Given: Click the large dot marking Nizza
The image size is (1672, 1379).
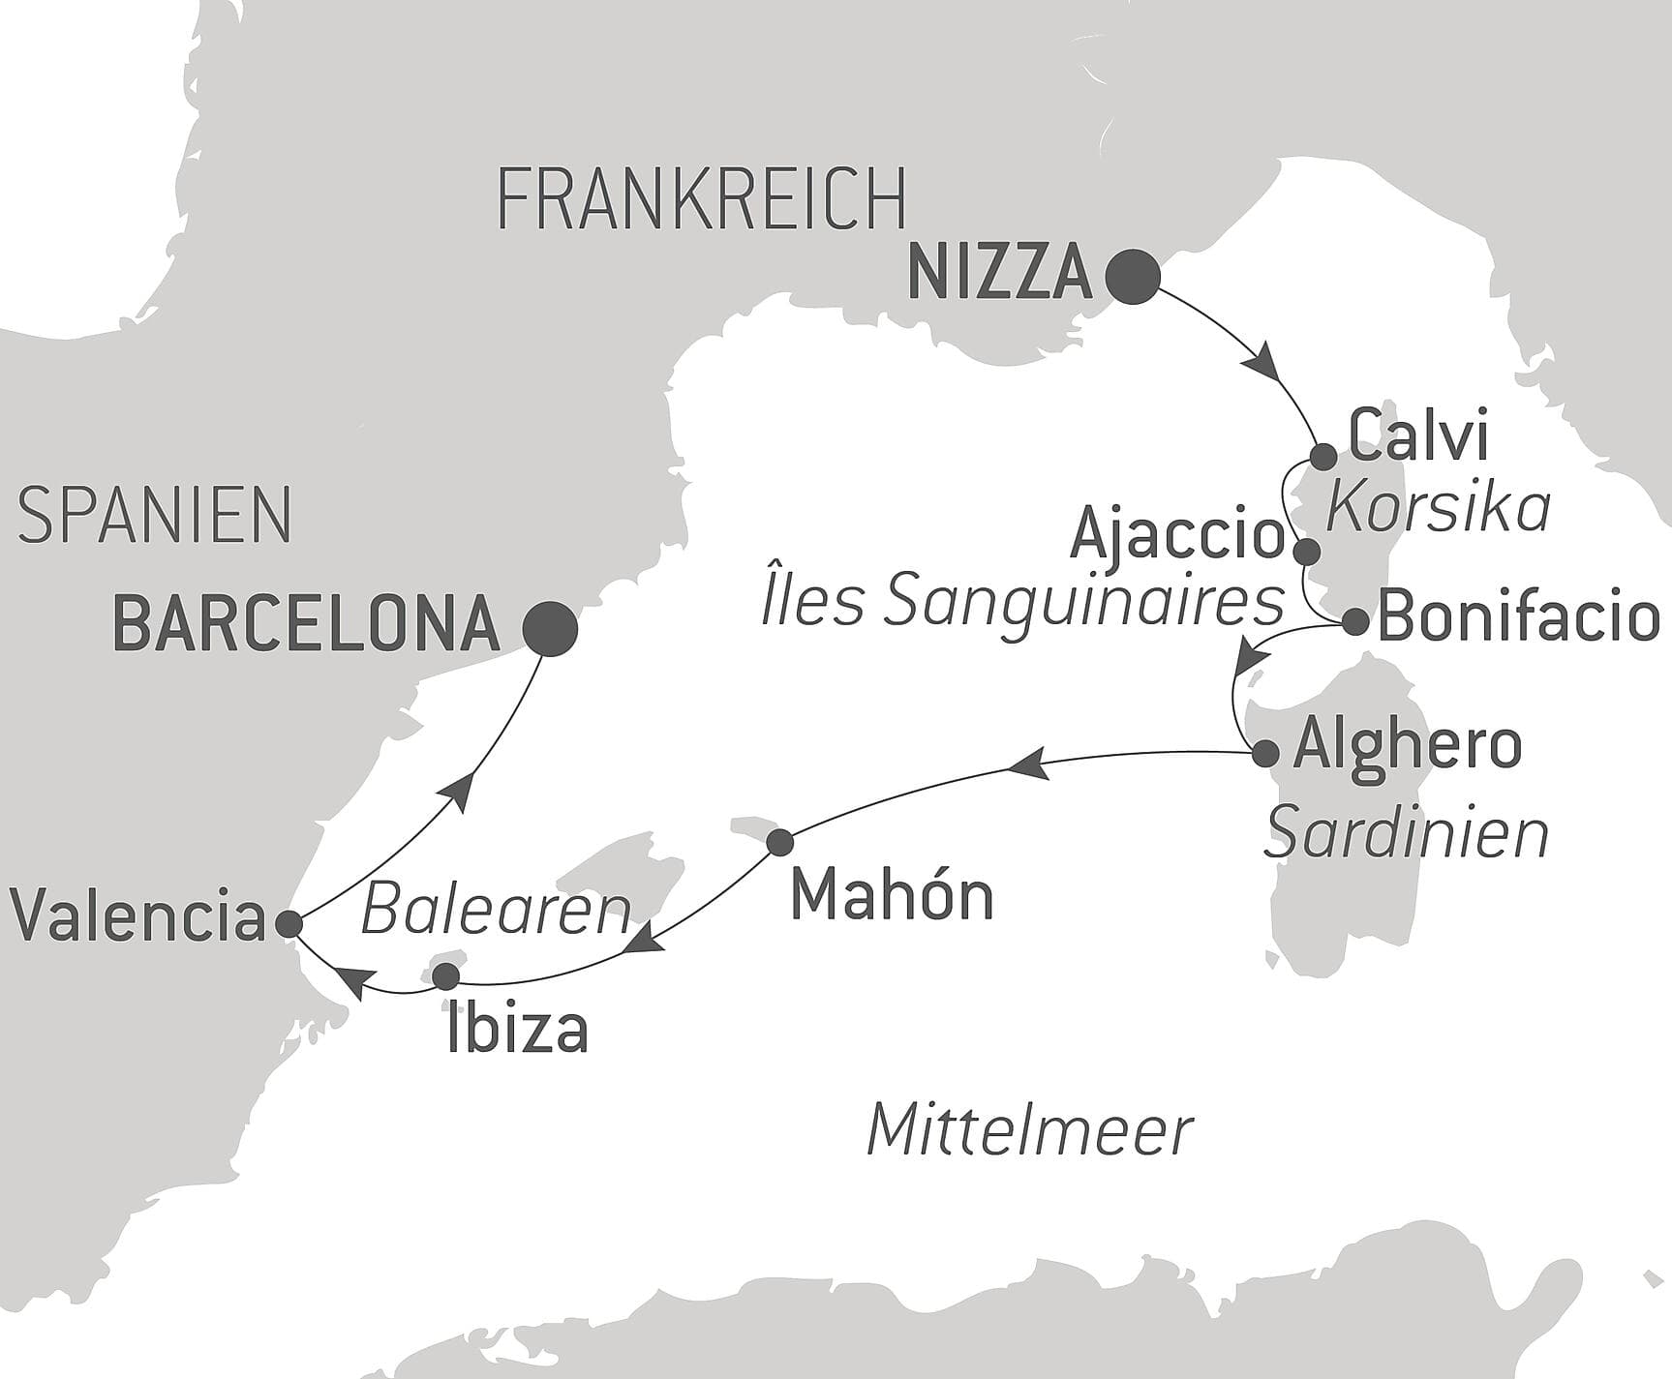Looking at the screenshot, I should pos(1133,278).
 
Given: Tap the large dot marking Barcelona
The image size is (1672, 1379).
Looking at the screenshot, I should pos(550,629).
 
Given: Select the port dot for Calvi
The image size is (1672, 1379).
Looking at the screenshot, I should pos(1323,456).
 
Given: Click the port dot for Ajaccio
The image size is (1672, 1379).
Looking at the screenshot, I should pos(1307,553).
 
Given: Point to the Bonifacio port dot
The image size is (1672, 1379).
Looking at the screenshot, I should pos(1356,622).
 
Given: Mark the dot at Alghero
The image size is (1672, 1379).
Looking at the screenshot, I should pos(1265,754).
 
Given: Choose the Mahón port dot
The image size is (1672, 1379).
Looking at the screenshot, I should pos(780,842).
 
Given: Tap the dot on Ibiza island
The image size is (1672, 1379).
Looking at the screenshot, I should pos(445,975).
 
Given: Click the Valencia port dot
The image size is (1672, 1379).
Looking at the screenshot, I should pos(289,924).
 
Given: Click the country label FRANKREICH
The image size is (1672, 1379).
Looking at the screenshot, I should pos(701,199).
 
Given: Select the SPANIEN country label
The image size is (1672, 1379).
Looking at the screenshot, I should pos(155,516).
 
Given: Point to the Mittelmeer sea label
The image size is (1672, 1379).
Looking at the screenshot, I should pos(1029,1130).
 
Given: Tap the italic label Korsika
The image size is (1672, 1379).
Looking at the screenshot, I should pos(1438,507).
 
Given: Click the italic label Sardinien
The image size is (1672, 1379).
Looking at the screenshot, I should pos(1406,834).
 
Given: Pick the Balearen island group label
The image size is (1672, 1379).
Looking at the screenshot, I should pos(496,911).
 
